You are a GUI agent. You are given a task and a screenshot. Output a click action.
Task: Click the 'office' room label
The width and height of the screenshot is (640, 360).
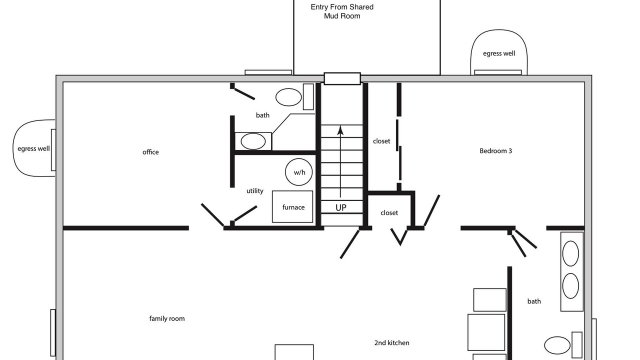pos(150,152)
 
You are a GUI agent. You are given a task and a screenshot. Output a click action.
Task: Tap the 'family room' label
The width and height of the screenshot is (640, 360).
pos(167,318)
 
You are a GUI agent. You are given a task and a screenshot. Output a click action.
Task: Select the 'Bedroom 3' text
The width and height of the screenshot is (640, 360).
pos(495,151)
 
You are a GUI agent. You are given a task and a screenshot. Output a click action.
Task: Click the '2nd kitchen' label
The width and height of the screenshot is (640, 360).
pos(391,343)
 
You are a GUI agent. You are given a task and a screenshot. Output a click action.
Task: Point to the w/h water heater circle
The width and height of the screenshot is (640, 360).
pos(299,172)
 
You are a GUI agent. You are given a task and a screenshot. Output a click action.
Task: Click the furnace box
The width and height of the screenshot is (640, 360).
pos(292,206)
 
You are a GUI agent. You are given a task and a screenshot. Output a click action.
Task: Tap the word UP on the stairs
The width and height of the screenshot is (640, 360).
pos(341,207)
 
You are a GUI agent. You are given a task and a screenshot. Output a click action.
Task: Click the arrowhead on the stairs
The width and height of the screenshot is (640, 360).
pos(340,130)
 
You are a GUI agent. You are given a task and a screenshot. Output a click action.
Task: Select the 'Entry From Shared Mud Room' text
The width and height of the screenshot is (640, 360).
pos(342,11)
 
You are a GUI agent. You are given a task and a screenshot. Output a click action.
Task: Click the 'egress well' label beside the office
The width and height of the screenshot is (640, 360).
pos(33,148)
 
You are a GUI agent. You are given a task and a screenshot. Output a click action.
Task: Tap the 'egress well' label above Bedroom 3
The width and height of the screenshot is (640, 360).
pos(499,53)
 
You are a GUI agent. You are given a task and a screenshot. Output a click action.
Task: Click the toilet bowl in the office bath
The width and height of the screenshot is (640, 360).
pos(288,97)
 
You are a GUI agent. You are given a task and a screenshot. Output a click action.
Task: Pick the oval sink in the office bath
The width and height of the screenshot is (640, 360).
pos(253,141)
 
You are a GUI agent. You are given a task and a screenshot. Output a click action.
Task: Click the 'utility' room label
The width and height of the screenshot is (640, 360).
pos(255,191)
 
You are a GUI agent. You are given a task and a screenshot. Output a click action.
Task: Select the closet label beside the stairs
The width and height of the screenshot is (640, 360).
pos(381,141)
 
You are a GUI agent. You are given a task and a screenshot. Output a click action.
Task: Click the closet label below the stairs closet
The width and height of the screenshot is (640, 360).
pos(389,213)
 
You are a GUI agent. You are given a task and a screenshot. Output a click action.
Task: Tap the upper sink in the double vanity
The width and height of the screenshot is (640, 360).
pos(570,253)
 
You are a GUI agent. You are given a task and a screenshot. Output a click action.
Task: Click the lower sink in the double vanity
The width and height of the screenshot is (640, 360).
pos(570,286)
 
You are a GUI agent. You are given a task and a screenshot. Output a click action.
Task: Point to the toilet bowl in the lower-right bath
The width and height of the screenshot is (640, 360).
pos(557,345)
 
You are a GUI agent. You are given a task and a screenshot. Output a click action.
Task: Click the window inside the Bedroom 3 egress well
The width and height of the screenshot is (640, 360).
pos(498,72)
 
